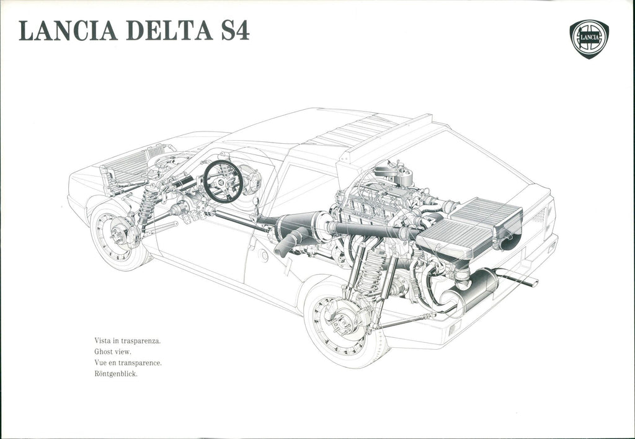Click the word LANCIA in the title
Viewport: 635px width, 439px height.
coord(68,30)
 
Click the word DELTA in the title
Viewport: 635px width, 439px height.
coord(170,30)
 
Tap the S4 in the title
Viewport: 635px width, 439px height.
coord(235,30)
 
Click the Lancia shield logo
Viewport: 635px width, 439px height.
coord(589,39)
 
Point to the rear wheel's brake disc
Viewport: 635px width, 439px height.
coord(344,316)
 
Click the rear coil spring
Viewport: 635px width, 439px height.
coord(371,269)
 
